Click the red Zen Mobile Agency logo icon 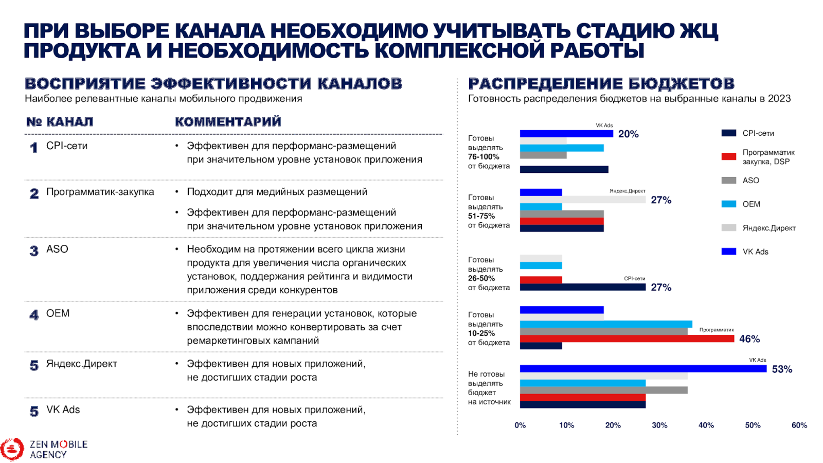[x=12, y=449]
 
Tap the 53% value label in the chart [x=781, y=369]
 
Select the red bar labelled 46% [x=627, y=339]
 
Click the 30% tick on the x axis [x=659, y=425]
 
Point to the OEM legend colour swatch [x=728, y=204]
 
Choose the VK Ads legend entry [x=755, y=252]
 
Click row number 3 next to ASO [x=34, y=251]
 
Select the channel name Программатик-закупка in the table [x=100, y=192]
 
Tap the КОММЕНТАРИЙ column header [x=228, y=122]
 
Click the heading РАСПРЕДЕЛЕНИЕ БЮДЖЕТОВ [x=601, y=83]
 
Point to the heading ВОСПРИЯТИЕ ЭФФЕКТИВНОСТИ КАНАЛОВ [x=213, y=83]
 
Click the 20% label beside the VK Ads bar [x=628, y=134]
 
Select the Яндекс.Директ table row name [x=82, y=364]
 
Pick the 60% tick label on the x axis [x=799, y=425]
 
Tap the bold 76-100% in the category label [x=484, y=157]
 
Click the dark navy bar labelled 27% [x=582, y=288]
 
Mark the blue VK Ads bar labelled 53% [x=643, y=369]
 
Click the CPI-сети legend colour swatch [x=728, y=133]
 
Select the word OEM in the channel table [x=58, y=313]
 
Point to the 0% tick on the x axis [x=520, y=425]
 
